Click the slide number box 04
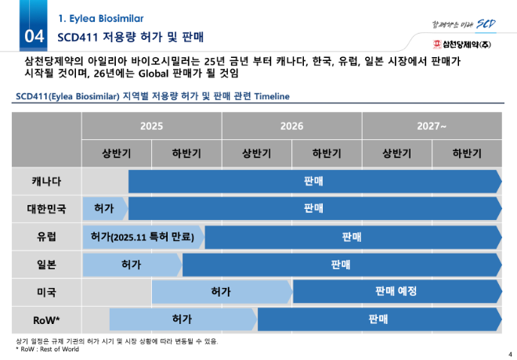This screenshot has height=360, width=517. pyautogui.click(x=34, y=36)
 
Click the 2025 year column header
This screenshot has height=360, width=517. pyautogui.click(x=151, y=126)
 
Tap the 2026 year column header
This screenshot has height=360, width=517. pyautogui.click(x=291, y=126)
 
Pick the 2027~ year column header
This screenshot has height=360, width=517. pyautogui.click(x=432, y=126)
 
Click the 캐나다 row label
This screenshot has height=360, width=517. pyautogui.click(x=46, y=182)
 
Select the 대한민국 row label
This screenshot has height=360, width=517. pyautogui.click(x=46, y=209)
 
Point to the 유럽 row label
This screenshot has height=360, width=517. pyautogui.click(x=46, y=236)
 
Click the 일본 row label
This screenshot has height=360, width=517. pyautogui.click(x=46, y=265)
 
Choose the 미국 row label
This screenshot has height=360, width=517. pyautogui.click(x=46, y=291)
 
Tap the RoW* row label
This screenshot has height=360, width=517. pyautogui.click(x=46, y=319)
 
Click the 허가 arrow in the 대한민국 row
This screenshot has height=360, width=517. pyautogui.click(x=104, y=209)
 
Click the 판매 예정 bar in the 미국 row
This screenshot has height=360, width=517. pyautogui.click(x=396, y=291)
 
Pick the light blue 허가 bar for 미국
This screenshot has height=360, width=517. pyautogui.click(x=221, y=291)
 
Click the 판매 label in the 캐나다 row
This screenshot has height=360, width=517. pyautogui.click(x=314, y=182)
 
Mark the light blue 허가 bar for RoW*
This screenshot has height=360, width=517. pyautogui.click(x=183, y=319)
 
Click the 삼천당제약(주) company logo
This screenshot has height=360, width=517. pyautogui.click(x=467, y=42)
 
